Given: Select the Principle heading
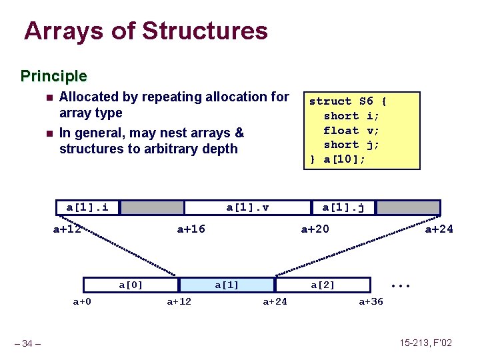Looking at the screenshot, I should coord(53,76).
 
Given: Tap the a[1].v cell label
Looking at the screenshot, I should coord(247,207).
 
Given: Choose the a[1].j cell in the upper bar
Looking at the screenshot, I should coord(343,207).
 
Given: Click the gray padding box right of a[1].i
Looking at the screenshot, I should coord(152,207).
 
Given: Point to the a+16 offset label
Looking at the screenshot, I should coord(191,230).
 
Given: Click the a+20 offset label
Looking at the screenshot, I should coord(315,230).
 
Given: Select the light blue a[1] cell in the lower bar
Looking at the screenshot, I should coord(227,285).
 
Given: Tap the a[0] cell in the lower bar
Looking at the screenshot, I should coord(131,285).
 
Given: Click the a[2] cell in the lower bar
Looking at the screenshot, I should coord(323,285).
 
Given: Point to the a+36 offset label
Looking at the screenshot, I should coord(371,302).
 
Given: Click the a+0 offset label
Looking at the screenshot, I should coord(82,302).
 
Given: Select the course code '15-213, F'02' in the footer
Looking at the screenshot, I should coord(425,343).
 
